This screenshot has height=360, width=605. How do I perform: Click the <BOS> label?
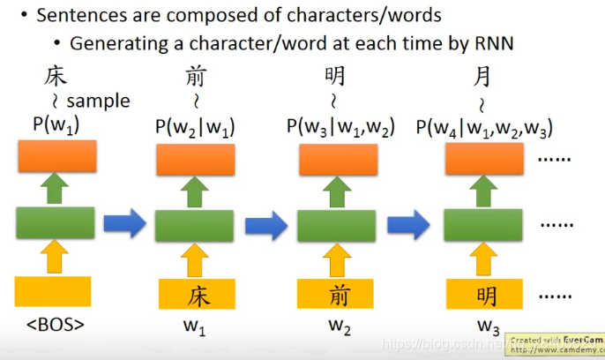55,325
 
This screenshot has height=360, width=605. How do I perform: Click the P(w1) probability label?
56,125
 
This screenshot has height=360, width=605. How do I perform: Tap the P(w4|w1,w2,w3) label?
488,127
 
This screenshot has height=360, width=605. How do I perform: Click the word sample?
98,101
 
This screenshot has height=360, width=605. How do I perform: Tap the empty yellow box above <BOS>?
53,291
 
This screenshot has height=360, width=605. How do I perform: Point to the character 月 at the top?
482,76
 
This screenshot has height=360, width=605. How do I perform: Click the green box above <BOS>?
55,221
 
